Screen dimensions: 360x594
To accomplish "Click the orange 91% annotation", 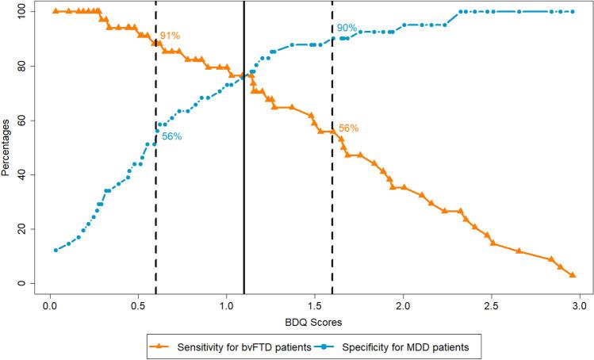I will tap(171, 36).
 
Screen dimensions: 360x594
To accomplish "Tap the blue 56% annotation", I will tap(172, 136).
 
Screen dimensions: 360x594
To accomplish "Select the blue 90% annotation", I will tap(347, 28).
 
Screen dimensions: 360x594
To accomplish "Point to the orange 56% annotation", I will tap(349, 128).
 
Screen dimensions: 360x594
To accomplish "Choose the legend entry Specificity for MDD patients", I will tap(404, 347).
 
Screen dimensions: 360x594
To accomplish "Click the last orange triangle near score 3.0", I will tap(572, 275).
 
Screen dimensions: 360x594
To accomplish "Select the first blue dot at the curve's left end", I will tap(56, 250).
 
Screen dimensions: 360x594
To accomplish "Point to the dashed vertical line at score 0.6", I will tap(155, 198).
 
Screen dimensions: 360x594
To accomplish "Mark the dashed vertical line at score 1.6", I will tap(331, 198).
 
